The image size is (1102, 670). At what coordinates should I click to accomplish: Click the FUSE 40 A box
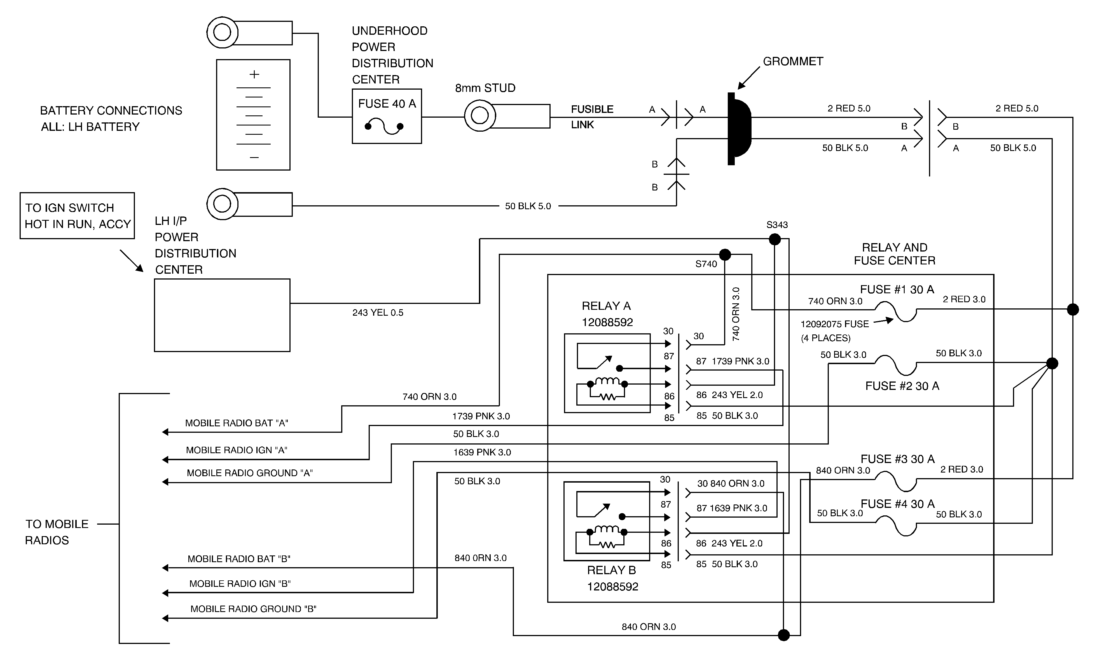pos(387,116)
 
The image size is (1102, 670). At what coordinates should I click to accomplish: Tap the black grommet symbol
pos(738,129)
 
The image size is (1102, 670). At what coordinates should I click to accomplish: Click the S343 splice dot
pos(775,239)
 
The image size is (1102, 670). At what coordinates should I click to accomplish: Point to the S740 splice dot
pos(725,255)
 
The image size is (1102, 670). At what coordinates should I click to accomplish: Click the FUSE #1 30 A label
pos(897,290)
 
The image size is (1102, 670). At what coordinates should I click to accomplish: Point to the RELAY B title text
pos(611,570)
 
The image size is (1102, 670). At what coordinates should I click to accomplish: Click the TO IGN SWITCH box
pos(77,216)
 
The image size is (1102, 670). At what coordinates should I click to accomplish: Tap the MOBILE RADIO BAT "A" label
pos(237,423)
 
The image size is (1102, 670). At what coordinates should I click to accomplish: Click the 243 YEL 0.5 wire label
pos(378,312)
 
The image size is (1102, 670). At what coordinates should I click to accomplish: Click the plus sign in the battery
pos(254,74)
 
